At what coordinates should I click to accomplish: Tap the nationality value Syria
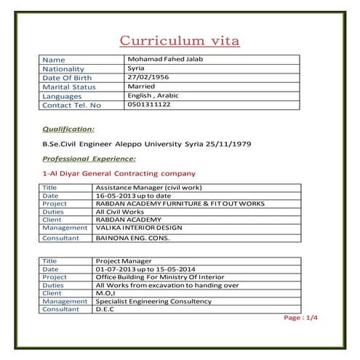coord(135,68)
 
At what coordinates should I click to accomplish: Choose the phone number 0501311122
coord(148,105)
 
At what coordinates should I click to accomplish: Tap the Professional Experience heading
coord(89,158)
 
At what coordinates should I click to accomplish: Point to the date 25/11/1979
coord(227,144)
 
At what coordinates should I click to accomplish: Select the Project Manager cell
coord(124,260)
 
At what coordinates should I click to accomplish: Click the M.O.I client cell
coord(105,293)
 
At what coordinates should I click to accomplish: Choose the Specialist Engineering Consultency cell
coord(160,301)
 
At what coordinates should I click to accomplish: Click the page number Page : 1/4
coord(300,318)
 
